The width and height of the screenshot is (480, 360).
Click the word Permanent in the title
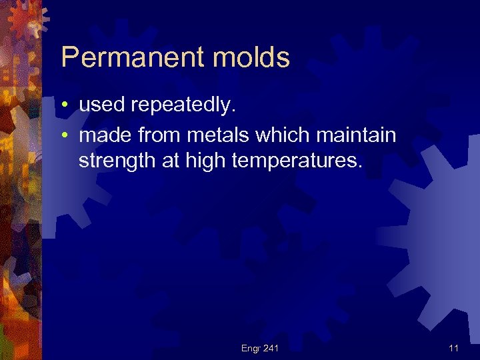point(133,58)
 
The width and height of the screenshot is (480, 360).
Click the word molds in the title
point(251,58)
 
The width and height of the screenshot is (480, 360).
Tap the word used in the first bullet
point(102,105)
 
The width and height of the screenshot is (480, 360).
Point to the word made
point(103,136)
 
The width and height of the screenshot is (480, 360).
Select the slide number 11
point(453,347)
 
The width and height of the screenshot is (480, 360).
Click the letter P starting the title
point(69,58)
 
